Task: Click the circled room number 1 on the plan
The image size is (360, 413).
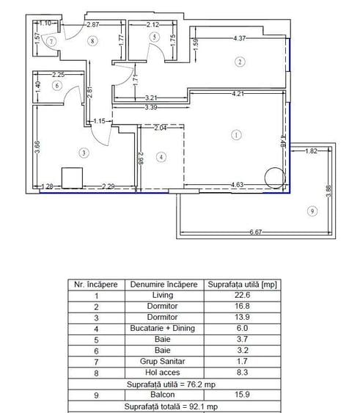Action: (x=235, y=134)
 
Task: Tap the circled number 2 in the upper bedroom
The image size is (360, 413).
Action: (x=240, y=62)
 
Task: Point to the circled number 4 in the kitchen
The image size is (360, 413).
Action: (x=161, y=156)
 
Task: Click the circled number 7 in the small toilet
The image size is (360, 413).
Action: (x=51, y=42)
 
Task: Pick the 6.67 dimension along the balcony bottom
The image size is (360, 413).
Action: (x=255, y=233)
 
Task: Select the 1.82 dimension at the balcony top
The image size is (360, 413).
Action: (x=311, y=151)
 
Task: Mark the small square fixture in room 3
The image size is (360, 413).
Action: (x=72, y=178)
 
